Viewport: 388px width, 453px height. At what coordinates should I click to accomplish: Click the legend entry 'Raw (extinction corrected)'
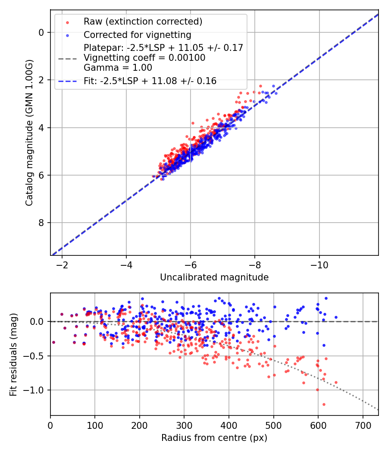143,22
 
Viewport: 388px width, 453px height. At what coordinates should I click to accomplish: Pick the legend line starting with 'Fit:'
150,81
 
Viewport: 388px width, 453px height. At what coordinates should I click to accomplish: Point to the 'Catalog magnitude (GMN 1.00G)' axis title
29,134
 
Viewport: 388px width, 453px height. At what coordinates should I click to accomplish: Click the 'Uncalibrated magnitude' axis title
214,277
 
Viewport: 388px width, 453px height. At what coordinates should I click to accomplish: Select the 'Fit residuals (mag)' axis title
13,354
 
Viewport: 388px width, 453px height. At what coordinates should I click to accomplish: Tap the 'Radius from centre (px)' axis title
214,438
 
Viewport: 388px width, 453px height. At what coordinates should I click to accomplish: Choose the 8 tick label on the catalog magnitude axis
41,223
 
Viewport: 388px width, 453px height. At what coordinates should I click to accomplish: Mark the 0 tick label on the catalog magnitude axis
41,32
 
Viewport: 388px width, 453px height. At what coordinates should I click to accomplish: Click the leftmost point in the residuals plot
53,342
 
